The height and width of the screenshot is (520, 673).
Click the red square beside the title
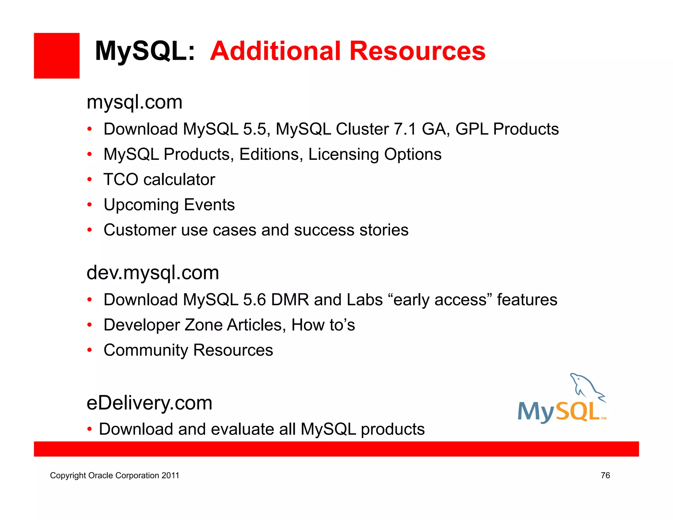[57, 56]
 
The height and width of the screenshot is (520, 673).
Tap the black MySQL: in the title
[145, 51]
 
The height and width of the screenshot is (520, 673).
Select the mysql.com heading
[134, 102]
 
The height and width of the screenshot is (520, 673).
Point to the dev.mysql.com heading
[153, 273]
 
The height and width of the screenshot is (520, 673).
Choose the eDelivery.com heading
[149, 403]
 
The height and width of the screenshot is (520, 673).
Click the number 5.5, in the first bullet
[257, 129]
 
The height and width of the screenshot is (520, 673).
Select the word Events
[209, 205]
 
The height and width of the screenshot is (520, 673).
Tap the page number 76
[605, 476]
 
